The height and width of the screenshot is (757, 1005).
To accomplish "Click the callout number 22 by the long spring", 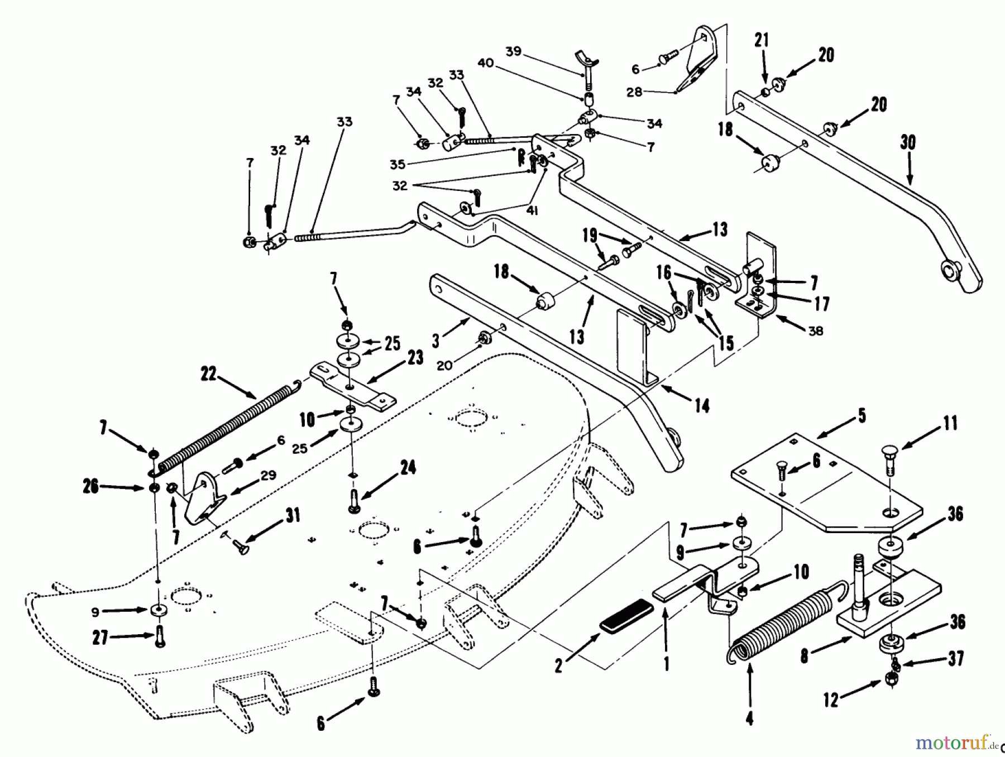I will [x=208, y=374].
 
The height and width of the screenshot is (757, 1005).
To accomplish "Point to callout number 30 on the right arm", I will [x=908, y=142].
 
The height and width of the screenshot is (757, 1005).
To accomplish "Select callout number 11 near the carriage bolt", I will [x=950, y=423].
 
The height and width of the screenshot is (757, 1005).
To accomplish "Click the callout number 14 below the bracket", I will [x=702, y=406].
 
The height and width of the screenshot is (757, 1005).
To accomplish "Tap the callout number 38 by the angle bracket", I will [x=816, y=331].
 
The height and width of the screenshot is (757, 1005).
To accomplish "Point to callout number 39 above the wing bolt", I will [x=513, y=51].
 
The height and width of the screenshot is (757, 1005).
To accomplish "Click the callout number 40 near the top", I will [x=485, y=63].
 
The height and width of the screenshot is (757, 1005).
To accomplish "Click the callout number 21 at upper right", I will [x=762, y=40].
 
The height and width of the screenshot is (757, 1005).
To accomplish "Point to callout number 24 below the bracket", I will [x=408, y=467].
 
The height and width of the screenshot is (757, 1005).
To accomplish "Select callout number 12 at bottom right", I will [x=831, y=699].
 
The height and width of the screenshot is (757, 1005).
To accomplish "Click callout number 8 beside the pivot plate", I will [x=804, y=655].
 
